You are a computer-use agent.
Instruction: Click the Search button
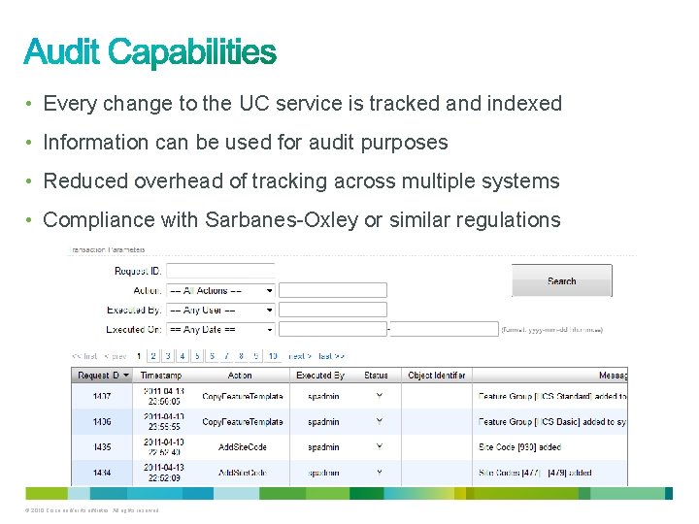tap(561, 280)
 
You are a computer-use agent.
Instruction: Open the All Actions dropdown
tap(220, 290)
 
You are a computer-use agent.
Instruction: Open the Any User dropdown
tap(220, 310)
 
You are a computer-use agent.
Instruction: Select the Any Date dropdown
tap(220, 329)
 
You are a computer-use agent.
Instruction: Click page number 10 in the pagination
tap(273, 356)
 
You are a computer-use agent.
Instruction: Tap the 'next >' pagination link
tap(300, 356)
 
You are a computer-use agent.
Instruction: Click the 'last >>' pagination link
tap(332, 356)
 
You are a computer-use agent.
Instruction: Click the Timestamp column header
tap(161, 376)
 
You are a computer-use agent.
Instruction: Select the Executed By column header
tap(320, 376)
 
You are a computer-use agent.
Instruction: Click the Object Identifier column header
tap(436, 376)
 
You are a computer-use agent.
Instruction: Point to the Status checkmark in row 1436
tap(379, 420)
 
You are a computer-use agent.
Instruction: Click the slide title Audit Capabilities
tap(150, 52)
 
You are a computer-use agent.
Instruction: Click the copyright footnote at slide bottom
tap(93, 510)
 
